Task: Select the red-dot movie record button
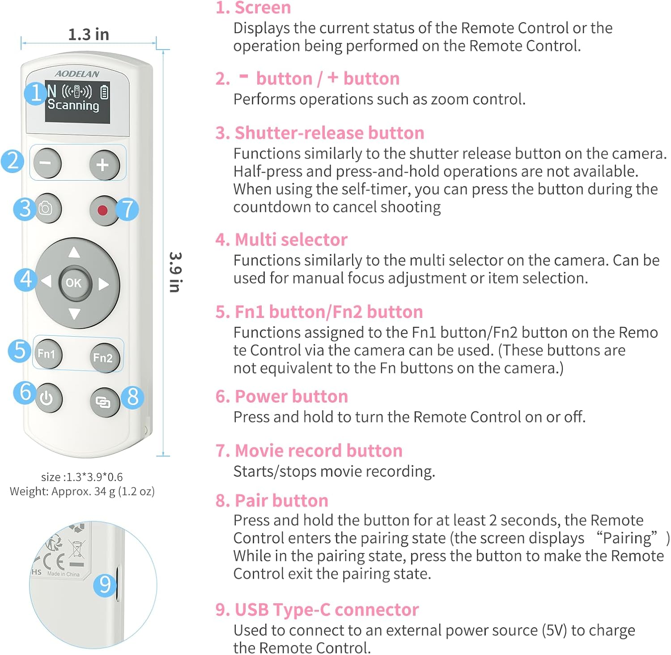click(102, 210)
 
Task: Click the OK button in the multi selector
click(74, 283)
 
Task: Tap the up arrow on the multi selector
click(74, 253)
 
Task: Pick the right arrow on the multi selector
click(104, 284)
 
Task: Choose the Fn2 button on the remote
click(103, 358)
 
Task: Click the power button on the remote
click(47, 397)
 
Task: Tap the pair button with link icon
click(103, 402)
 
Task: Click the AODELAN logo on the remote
click(77, 74)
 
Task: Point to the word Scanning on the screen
click(73, 106)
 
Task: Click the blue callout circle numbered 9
click(105, 584)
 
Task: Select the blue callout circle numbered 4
click(25, 279)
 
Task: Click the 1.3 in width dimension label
click(89, 34)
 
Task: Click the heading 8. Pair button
click(272, 500)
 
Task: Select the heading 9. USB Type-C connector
click(317, 610)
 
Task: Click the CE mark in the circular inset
click(54, 561)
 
